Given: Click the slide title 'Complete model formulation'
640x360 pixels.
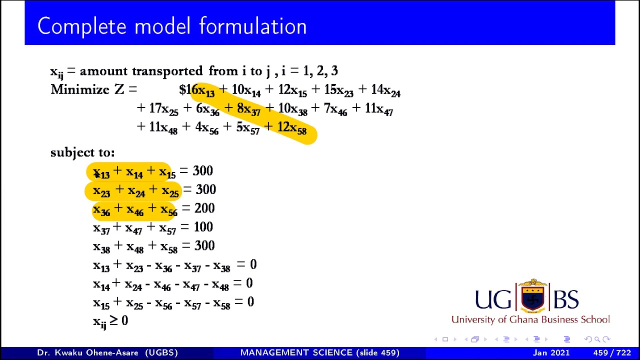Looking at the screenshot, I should pyautogui.click(x=172, y=26).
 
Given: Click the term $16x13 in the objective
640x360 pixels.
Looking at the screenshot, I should pyautogui.click(x=197, y=90).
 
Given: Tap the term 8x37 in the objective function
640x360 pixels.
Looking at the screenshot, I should pyautogui.click(x=248, y=109).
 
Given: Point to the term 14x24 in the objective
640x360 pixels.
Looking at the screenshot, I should pyautogui.click(x=385, y=90).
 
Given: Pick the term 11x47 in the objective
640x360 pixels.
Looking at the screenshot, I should pyautogui.click(x=378, y=109).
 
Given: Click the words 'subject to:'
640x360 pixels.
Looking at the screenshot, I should pyautogui.click(x=82, y=152).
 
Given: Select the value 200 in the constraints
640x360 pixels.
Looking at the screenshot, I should pyautogui.click(x=204, y=208).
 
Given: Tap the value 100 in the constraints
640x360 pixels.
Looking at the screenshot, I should pyautogui.click(x=203, y=227).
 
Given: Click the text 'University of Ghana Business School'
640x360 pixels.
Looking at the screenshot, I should pyautogui.click(x=530, y=319).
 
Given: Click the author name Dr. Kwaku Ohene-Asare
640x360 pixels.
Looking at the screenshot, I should pyautogui.click(x=107, y=353).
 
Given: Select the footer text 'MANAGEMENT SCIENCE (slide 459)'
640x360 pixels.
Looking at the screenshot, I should pyautogui.click(x=320, y=353).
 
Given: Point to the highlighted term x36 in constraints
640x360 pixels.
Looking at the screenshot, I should pyautogui.click(x=101, y=210).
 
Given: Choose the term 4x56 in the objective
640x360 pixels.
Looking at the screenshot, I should pyautogui.click(x=206, y=127).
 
